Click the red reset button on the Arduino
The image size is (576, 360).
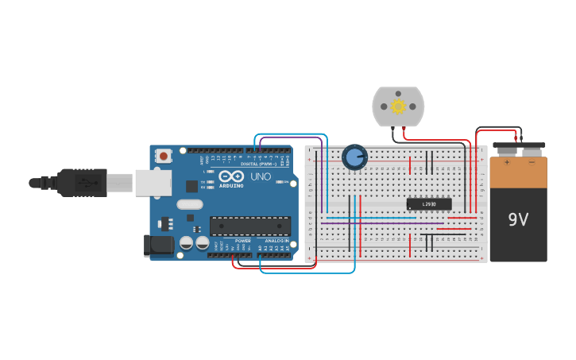tap(164, 156)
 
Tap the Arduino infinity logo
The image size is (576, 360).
tap(232, 176)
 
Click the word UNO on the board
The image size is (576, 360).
tap(261, 176)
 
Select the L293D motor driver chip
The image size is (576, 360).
tap(429, 204)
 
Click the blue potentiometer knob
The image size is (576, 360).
tap(354, 157)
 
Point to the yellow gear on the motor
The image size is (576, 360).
tap(398, 106)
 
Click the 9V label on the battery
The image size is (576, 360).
tap(518, 219)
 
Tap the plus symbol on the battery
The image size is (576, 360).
tap(506, 162)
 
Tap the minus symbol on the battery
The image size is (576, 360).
tap(532, 162)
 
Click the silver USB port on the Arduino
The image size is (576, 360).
tap(153, 182)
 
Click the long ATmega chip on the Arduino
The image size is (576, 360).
tap(249, 226)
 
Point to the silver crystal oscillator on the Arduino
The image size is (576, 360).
tap(190, 204)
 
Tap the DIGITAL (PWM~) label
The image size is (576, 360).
tap(259, 164)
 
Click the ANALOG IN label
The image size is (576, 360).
tap(276, 240)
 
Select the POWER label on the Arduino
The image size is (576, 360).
tap(243, 240)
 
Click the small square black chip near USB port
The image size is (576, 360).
tap(191, 186)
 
